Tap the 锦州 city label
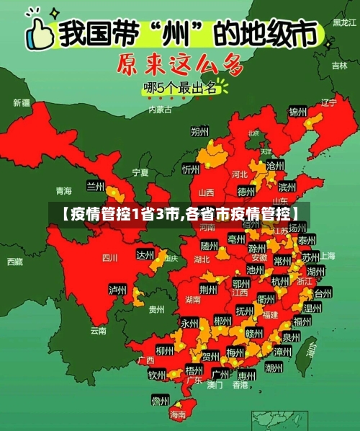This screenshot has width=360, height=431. point(297,112)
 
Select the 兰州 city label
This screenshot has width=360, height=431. point(96,186)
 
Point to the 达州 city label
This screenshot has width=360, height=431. point(145,255)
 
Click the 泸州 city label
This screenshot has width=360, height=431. point(117,290)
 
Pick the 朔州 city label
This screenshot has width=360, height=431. point(199,131)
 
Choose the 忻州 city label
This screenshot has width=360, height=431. point(191,169)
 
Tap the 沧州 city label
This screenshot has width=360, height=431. point(275,166)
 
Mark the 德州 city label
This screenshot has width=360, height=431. point(246,192)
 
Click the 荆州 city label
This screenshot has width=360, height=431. point(208,290)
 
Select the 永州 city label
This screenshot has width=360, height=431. point(189,323)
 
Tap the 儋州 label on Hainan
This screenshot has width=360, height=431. point(160,400)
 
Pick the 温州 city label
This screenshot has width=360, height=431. point(312,309)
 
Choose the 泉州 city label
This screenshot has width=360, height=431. point(292,337)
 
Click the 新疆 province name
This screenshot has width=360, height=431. point(22,102)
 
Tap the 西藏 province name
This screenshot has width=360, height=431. point(14,261)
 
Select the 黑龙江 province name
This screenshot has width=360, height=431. point(344,22)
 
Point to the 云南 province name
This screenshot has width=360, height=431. point(98,331)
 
